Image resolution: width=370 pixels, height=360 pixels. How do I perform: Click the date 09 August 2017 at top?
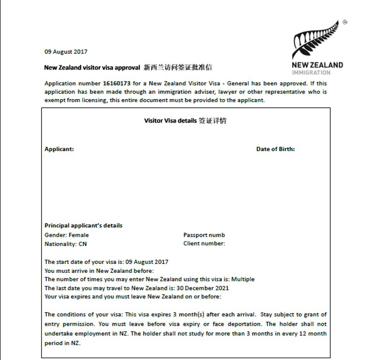(x=66, y=52)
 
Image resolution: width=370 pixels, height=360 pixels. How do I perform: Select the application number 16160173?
(x=117, y=83)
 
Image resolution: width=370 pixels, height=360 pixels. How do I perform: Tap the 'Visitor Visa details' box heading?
(x=171, y=121)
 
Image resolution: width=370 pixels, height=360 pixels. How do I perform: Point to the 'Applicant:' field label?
(x=59, y=149)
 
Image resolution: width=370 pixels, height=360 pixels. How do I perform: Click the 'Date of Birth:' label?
(x=275, y=149)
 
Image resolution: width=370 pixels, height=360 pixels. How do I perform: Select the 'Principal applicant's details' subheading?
(x=83, y=225)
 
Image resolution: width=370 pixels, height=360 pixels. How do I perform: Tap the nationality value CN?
(x=82, y=244)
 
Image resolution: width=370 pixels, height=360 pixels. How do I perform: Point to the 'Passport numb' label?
(x=204, y=235)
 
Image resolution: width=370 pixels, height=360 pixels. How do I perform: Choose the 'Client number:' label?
(x=204, y=243)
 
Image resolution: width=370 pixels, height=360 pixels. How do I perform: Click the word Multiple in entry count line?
(x=243, y=279)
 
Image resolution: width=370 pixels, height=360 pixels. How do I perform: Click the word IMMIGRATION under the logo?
(x=311, y=73)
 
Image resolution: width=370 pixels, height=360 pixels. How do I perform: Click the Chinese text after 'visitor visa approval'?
(x=178, y=67)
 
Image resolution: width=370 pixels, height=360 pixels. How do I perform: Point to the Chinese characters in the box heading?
(x=212, y=121)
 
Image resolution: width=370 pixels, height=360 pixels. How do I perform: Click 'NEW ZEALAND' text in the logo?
(x=317, y=65)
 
